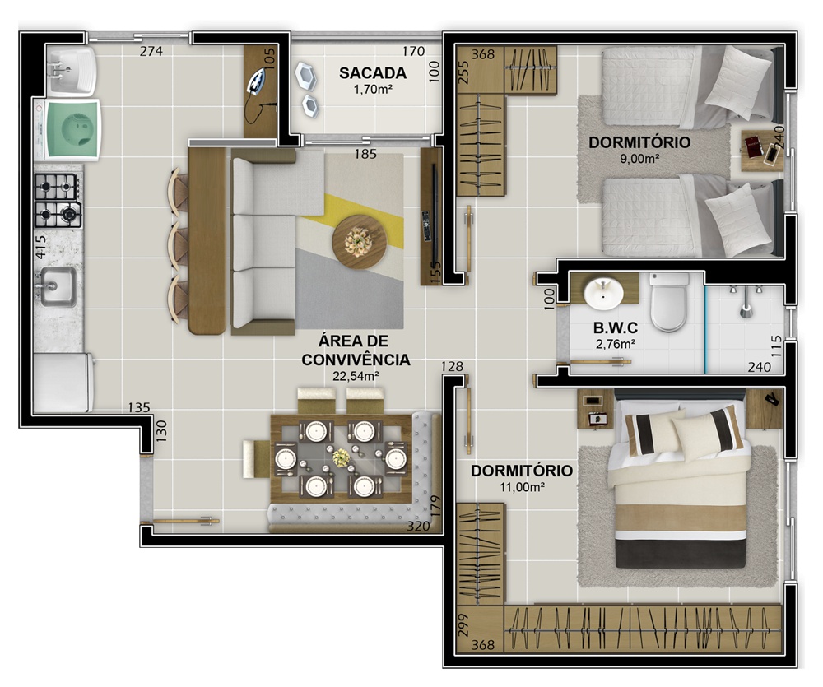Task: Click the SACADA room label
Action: pos(373,73)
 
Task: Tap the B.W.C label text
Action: pos(615,328)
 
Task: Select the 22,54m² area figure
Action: pos(356,376)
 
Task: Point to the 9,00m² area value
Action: pos(639,158)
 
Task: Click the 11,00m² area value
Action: pos(522,486)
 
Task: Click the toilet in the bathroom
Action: pos(668,301)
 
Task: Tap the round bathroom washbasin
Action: pos(603,294)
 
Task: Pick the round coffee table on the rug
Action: pos(359,243)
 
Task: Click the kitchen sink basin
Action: pos(58,286)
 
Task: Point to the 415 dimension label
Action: pos(40,246)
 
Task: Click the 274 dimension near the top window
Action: pos(151,51)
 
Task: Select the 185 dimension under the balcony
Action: pos(365,154)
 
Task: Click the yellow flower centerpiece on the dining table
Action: pos(342,457)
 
